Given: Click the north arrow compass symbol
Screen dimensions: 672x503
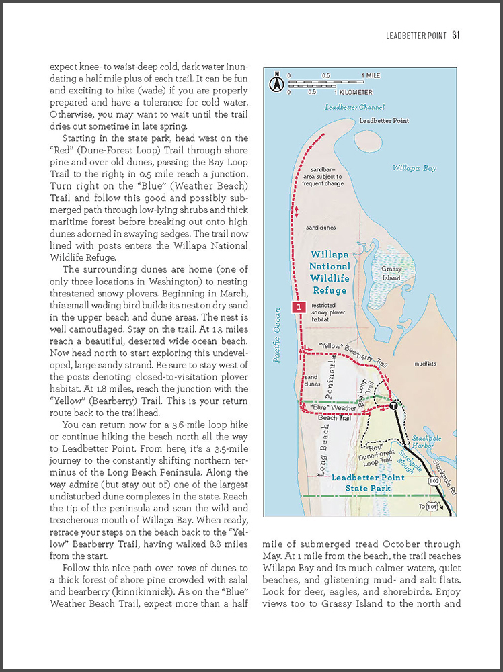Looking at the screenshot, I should click(x=275, y=83).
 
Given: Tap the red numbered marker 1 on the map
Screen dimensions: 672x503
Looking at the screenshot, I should click(x=299, y=307).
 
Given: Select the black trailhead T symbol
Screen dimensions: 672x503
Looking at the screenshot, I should click(x=393, y=406).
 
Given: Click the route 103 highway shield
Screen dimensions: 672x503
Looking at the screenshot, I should click(x=434, y=482).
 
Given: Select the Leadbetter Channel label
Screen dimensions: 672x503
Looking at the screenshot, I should click(x=354, y=108).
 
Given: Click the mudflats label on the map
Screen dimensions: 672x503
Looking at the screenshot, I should click(x=425, y=364).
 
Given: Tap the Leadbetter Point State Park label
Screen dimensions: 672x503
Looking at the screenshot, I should click(x=369, y=482).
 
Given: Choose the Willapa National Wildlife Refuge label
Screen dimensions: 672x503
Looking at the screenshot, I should click(x=329, y=272).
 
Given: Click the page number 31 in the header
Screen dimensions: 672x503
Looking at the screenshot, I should click(x=455, y=35).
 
